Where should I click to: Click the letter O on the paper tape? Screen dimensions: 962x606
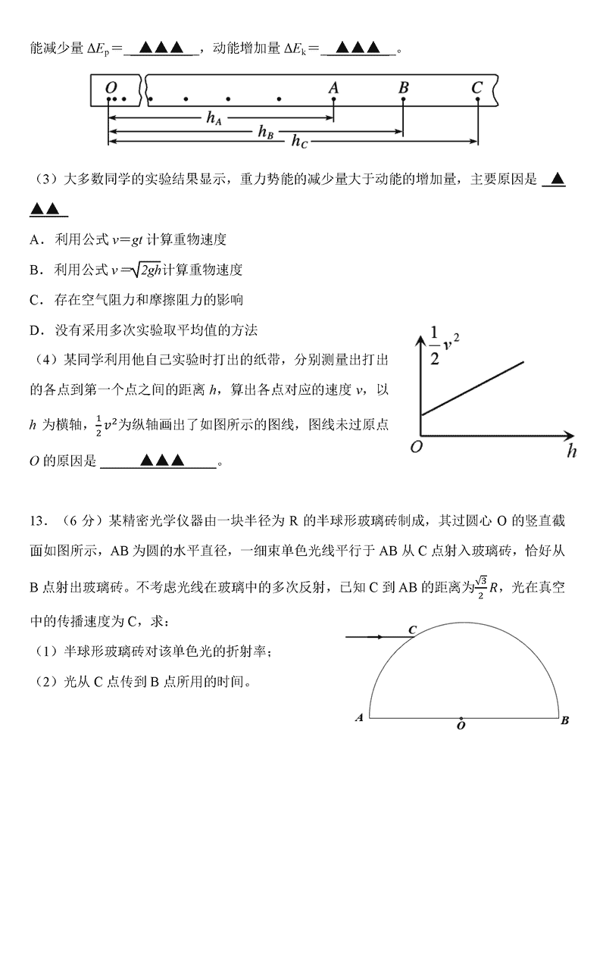pos(111,87)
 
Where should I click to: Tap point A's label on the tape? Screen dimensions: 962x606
pos(333,87)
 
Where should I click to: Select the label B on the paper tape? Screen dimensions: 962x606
pos(403,87)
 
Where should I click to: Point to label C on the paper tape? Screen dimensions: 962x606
pos(476,87)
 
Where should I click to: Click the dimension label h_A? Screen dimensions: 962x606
pos(214,117)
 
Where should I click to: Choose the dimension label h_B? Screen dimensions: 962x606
pos(264,132)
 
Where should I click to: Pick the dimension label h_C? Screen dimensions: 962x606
pos(300,141)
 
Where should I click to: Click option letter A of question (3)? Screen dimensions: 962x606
pos(35,240)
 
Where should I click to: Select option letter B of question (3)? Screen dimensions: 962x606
pos(35,270)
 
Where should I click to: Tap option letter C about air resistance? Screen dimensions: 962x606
pos(35,300)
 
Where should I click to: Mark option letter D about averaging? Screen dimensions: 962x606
pos(35,330)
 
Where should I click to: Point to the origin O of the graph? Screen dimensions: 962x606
pos(415,448)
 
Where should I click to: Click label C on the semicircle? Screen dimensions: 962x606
pos(413,629)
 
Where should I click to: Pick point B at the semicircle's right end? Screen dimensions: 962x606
pos(565,720)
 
